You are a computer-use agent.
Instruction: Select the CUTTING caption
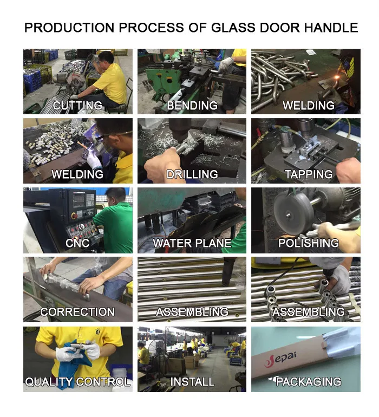pyautogui.click(x=77, y=106)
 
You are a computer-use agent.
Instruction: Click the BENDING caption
pyautogui.click(x=192, y=106)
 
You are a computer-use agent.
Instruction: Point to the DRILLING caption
pyautogui.click(x=192, y=174)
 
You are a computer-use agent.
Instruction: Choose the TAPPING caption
pyautogui.click(x=309, y=174)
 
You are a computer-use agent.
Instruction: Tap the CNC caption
pyautogui.click(x=77, y=243)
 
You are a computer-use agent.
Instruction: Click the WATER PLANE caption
pyautogui.click(x=192, y=243)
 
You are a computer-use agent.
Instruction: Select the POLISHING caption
pyautogui.click(x=309, y=243)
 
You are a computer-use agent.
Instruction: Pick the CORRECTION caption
pyautogui.click(x=77, y=312)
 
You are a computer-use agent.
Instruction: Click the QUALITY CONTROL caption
pyautogui.click(x=77, y=382)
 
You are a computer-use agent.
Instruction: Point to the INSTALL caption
pyautogui.click(x=192, y=382)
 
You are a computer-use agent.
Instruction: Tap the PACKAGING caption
pyautogui.click(x=309, y=382)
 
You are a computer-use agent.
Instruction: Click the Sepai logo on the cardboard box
pyautogui.click(x=280, y=359)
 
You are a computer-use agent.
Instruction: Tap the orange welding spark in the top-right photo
pyautogui.click(x=337, y=77)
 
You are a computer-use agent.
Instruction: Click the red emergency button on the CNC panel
pyautogui.click(x=75, y=216)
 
